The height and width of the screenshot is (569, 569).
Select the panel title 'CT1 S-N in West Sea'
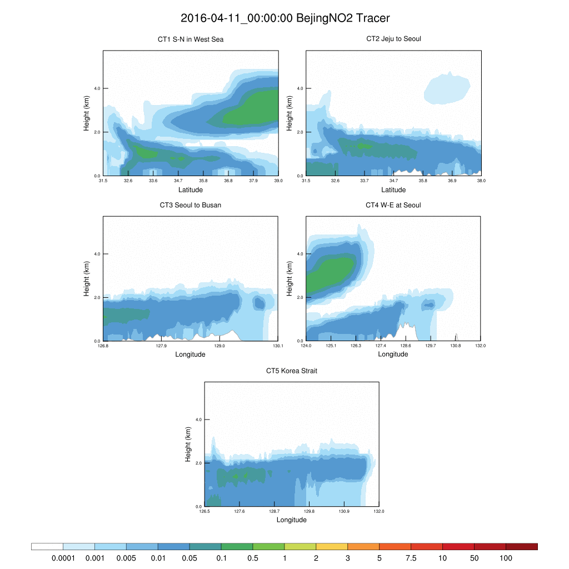tap(191, 39)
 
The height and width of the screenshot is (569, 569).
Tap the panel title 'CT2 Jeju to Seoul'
tap(393, 39)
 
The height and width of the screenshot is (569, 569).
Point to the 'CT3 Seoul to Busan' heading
tap(191, 205)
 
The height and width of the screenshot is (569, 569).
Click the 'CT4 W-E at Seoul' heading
tap(393, 205)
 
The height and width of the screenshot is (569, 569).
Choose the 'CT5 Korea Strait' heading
tap(292, 371)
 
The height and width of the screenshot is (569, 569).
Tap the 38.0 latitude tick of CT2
tap(481, 181)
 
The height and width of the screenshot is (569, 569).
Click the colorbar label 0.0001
tap(63, 557)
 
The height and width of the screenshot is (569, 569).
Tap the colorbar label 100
tap(506, 557)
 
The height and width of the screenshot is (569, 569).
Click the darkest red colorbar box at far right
tap(522, 546)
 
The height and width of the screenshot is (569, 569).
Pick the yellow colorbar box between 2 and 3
tap(332, 546)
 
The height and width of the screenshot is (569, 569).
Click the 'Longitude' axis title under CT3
tap(191, 355)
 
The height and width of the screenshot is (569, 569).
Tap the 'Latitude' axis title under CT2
tap(393, 189)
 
